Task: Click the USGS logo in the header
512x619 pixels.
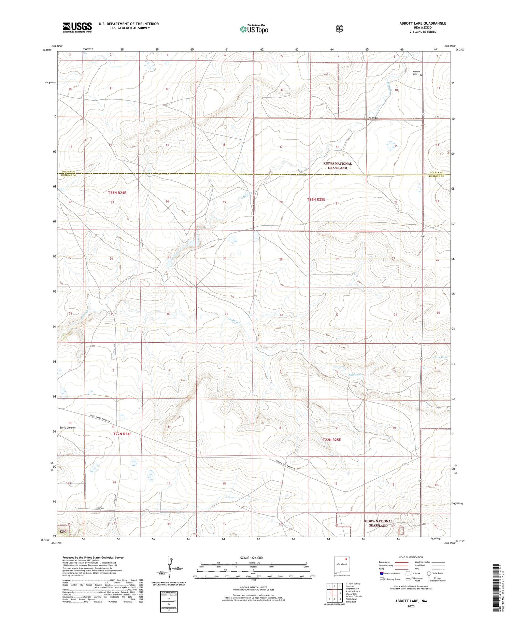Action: coord(77,27)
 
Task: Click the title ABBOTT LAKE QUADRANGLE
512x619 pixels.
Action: coord(423,23)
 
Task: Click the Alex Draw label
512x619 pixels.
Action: coord(372,118)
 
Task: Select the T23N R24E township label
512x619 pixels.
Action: coord(117,193)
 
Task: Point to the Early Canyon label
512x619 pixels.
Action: coord(68,427)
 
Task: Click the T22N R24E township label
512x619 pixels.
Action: coord(122,434)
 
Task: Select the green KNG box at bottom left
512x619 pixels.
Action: coord(63,532)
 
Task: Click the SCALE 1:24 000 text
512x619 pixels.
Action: coord(251,558)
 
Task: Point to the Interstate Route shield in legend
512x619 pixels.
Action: coord(381,573)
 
